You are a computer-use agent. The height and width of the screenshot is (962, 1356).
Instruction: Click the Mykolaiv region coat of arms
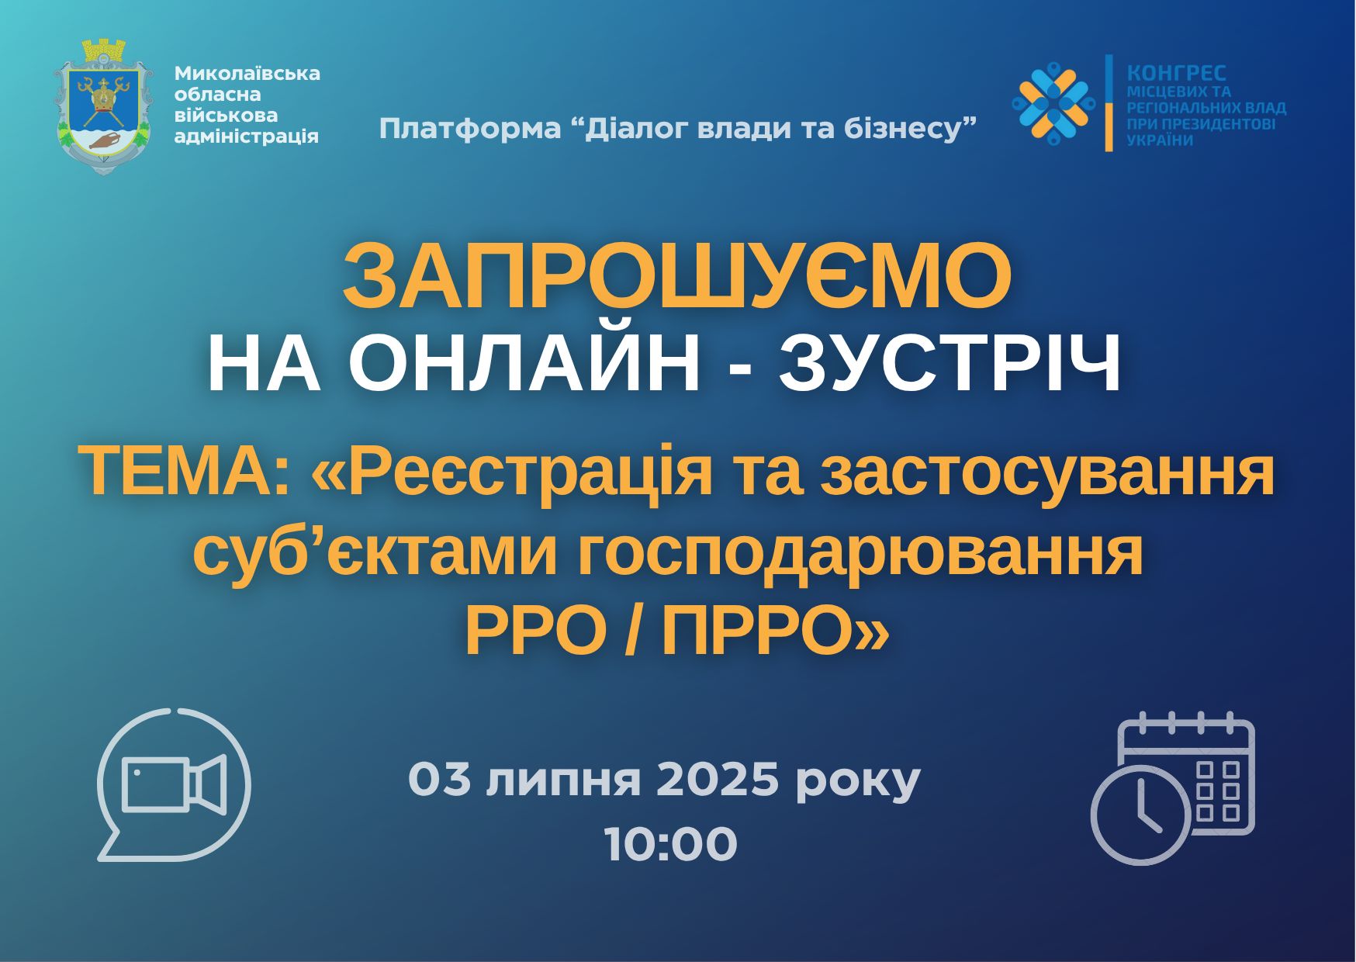(103, 106)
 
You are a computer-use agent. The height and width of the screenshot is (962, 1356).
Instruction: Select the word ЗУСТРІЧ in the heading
(951, 363)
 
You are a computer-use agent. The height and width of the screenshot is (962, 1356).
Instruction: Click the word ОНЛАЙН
(525, 363)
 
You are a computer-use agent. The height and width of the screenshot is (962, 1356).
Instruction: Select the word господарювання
(861, 555)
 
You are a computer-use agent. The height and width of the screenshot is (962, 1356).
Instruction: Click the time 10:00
(671, 844)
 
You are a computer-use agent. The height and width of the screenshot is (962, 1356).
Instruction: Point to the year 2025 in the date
(717, 780)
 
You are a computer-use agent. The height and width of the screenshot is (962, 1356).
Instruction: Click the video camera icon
(175, 784)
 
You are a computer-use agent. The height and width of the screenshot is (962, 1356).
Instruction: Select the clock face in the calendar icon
(1141, 815)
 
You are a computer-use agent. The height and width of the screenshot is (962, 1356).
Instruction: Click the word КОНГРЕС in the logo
(1176, 72)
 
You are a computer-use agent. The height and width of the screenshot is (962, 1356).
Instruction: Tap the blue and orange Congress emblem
(1053, 103)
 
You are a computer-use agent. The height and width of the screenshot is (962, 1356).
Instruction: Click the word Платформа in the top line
(470, 128)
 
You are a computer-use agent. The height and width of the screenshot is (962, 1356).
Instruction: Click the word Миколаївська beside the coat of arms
(247, 74)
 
